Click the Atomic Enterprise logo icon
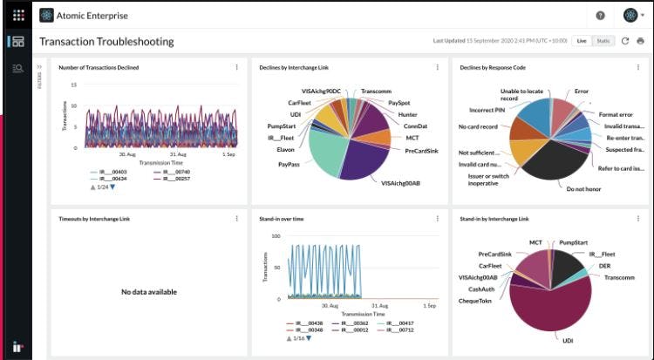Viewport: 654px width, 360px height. (x=46, y=15)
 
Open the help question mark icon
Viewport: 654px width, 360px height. (x=600, y=15)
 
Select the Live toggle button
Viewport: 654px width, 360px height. (x=582, y=41)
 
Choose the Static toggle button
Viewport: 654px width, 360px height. (x=603, y=41)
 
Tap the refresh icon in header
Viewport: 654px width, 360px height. (x=625, y=41)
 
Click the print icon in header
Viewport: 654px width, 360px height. (x=641, y=41)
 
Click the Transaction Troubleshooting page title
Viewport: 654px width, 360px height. (x=106, y=42)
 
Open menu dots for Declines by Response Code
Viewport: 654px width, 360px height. (x=637, y=67)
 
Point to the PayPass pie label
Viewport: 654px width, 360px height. (x=290, y=164)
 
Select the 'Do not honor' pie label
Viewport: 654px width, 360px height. (x=583, y=188)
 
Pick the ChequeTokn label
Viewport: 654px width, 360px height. (x=476, y=301)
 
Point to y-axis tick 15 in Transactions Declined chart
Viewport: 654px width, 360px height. (x=74, y=85)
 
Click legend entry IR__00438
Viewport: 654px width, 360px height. (x=310, y=323)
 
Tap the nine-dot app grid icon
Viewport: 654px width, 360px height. (x=18, y=15)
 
